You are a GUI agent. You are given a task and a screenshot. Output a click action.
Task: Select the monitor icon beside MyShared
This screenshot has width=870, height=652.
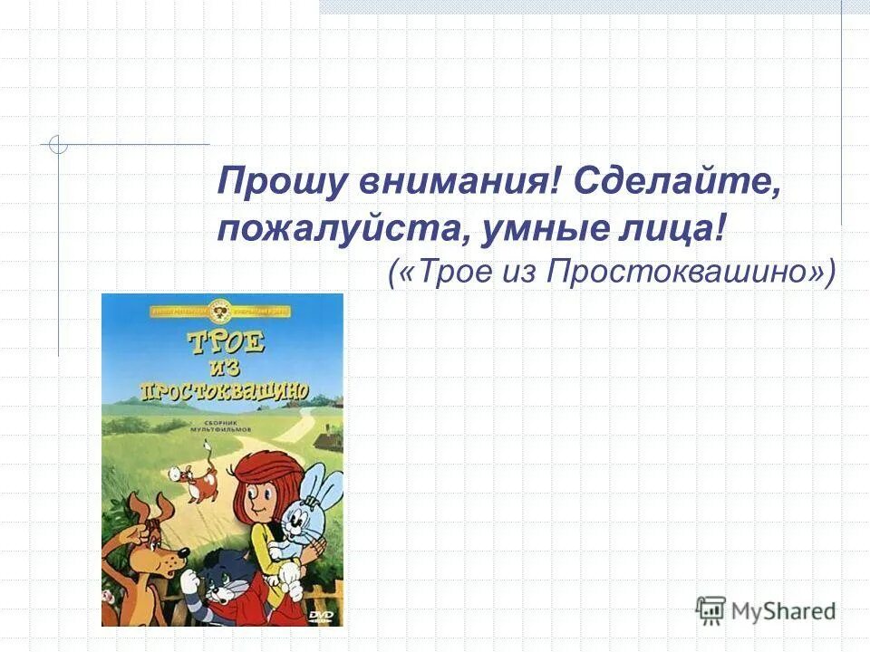point(711,610)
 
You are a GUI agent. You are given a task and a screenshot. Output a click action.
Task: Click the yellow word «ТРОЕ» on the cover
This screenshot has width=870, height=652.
point(227,345)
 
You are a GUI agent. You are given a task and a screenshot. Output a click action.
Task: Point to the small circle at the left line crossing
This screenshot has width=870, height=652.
point(59,144)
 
